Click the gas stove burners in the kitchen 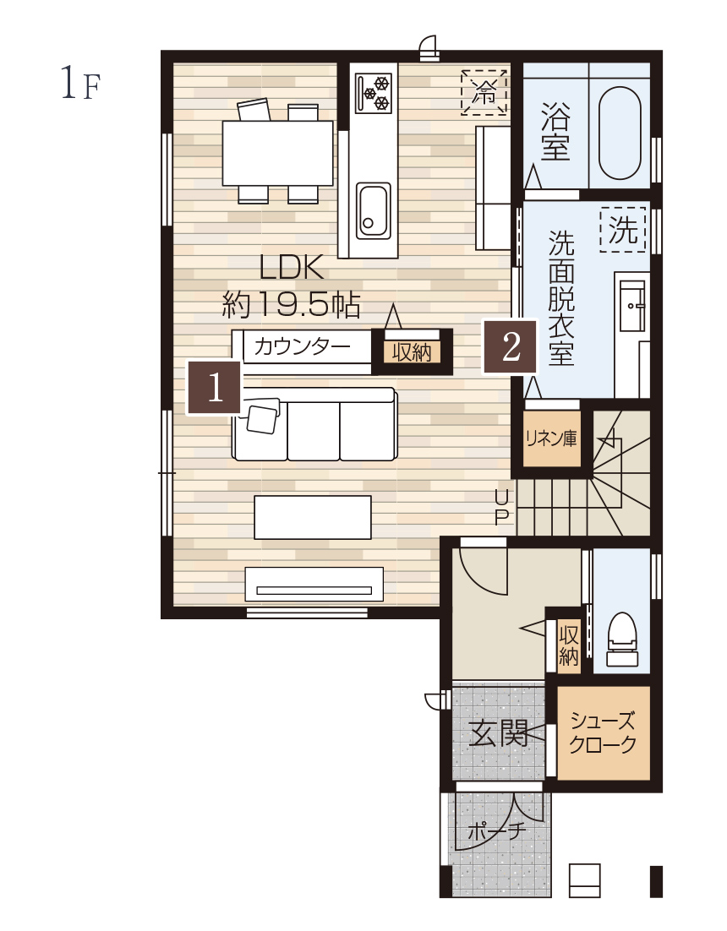(x=374, y=92)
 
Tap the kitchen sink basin (x=374, y=210)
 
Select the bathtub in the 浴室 (x=620, y=133)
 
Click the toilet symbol (x=622, y=640)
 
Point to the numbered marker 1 (x=215, y=387)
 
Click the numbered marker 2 (x=511, y=346)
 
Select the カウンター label (x=301, y=346)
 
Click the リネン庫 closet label (x=551, y=438)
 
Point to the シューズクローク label (x=602, y=732)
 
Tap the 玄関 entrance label (x=498, y=733)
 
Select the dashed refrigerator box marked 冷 (x=484, y=92)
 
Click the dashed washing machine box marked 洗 (x=623, y=230)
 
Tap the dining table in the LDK (x=277, y=153)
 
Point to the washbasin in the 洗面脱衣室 (x=632, y=306)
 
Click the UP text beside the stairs (x=502, y=506)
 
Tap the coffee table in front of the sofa (x=313, y=518)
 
